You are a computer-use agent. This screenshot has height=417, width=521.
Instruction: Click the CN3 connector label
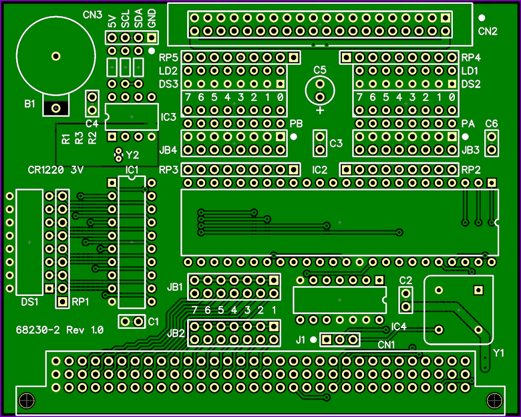tap(92, 15)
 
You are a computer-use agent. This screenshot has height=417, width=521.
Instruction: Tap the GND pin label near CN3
tap(152, 18)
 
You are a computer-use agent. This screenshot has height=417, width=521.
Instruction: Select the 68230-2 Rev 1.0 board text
tap(60, 330)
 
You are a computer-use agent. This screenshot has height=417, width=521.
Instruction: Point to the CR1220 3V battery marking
tap(55, 170)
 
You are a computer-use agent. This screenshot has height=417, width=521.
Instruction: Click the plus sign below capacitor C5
tap(320, 110)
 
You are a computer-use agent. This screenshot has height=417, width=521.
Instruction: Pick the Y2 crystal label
tap(132, 155)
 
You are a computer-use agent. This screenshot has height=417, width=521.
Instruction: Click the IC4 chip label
tap(399, 327)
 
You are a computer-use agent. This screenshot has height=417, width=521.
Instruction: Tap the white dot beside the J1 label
tap(313, 340)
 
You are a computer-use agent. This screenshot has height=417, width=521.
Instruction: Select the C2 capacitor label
tap(405, 281)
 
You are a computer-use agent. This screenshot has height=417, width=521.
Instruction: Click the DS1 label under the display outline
tap(29, 302)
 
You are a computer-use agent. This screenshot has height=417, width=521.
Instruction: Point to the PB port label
tap(296, 124)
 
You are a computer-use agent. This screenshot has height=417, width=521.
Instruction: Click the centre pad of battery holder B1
tap(56, 56)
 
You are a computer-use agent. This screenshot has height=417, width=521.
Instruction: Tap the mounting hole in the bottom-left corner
tap(27, 400)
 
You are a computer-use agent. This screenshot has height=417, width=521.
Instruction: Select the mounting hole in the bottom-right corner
tap(494, 400)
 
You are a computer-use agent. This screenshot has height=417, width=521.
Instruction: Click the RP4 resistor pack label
tap(471, 58)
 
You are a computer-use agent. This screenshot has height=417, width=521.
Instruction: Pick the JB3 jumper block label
tap(470, 150)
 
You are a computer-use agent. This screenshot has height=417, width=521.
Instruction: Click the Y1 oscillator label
tap(498, 353)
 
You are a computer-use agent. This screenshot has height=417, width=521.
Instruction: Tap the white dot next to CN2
tap(481, 17)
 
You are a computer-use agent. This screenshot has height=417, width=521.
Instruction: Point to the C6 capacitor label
tap(492, 124)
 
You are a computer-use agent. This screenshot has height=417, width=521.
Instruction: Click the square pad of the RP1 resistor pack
tap(62, 301)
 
